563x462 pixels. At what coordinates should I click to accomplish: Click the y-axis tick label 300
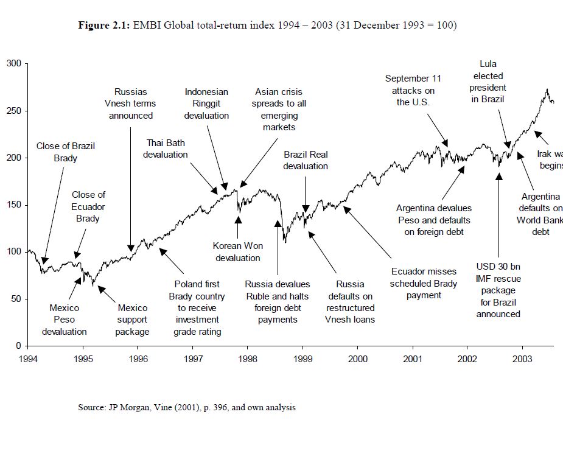pyautogui.click(x=13, y=64)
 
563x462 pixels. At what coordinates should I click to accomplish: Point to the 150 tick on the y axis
pyautogui.click(x=13, y=205)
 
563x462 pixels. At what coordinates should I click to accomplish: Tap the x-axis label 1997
pyautogui.click(x=193, y=359)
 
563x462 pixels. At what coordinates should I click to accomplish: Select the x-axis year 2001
pyautogui.click(x=413, y=359)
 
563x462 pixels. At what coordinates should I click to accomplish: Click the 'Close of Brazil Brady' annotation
pyautogui.click(x=66, y=152)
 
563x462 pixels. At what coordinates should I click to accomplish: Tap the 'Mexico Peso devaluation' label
pyautogui.click(x=64, y=320)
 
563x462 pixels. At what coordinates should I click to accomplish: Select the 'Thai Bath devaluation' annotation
pyautogui.click(x=166, y=149)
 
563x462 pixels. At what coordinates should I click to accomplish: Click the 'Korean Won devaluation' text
pyautogui.click(x=238, y=252)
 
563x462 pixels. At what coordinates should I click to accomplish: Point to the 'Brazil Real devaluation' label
pyautogui.click(x=306, y=160)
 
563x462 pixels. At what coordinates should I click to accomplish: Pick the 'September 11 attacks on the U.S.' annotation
pyautogui.click(x=413, y=90)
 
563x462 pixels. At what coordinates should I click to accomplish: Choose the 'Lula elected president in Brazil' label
pyautogui.click(x=488, y=82)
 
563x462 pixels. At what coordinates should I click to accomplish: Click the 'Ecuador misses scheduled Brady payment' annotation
pyautogui.click(x=424, y=283)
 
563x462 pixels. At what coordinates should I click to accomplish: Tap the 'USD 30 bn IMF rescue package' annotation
pyautogui.click(x=498, y=290)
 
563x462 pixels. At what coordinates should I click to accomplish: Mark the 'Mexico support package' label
pyautogui.click(x=133, y=320)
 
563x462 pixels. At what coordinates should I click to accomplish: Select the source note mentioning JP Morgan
pyautogui.click(x=186, y=407)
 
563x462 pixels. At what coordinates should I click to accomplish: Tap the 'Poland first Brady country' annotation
pyautogui.click(x=197, y=307)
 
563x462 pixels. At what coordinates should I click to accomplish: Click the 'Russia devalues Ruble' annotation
pyautogui.click(x=278, y=301)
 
